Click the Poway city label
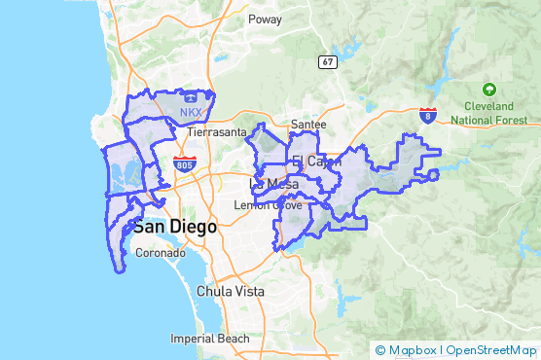[x=265, y=18]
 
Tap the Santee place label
[x=308, y=125]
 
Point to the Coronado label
[x=159, y=253]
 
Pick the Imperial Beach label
[x=209, y=339]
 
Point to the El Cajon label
[x=312, y=161]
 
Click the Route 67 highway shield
[x=328, y=61]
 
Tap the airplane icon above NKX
[x=190, y=97]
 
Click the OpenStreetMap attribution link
[x=491, y=349]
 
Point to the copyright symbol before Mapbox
[x=379, y=349]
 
